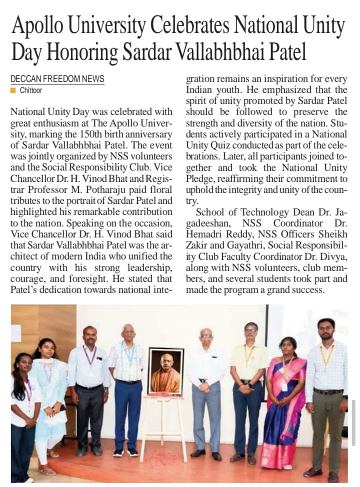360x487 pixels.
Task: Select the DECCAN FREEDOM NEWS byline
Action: point(57,78)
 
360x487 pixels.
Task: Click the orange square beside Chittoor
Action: point(13,90)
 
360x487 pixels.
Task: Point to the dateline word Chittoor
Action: point(31,90)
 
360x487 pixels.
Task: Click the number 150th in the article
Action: point(88,134)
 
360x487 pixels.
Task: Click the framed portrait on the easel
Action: point(166,370)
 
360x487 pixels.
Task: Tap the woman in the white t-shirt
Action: point(22,410)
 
